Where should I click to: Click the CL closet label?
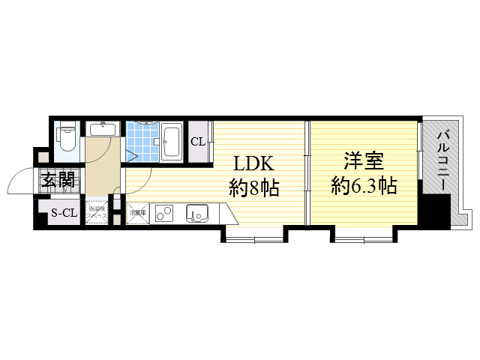[198, 142]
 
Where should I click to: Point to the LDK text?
[248, 164]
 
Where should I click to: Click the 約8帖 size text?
[254, 188]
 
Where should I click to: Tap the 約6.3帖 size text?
[364, 186]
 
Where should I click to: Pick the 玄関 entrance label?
[58, 179]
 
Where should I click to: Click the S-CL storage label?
[64, 213]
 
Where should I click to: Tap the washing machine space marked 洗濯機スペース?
[96, 211]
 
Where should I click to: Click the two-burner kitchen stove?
[165, 213]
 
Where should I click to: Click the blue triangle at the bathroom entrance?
[132, 157]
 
